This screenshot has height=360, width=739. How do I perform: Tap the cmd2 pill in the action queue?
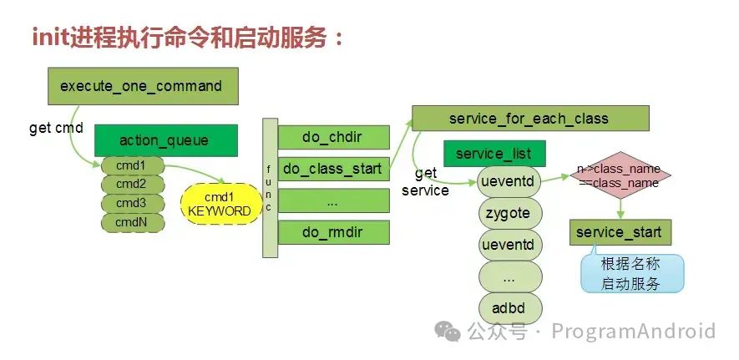[x=131, y=184]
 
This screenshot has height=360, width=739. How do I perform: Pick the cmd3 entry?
[x=131, y=203]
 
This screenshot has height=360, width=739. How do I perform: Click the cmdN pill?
[x=131, y=223]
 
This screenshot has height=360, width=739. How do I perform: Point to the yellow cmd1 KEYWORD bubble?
[x=220, y=204]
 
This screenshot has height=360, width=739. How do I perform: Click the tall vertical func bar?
[x=269, y=188]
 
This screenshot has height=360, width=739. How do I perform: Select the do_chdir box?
[x=333, y=137]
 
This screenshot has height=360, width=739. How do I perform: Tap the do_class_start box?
[x=333, y=169]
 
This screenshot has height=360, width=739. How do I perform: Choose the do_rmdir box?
[x=333, y=231]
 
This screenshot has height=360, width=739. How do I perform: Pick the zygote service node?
[x=509, y=213]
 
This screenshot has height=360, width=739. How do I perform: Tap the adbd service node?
[x=509, y=308]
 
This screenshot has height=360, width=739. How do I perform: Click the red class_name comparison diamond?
[x=619, y=175]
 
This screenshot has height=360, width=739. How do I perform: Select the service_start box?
[x=620, y=232]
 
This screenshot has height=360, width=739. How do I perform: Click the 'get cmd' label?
[x=56, y=128]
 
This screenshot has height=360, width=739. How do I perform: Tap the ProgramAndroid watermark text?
[x=634, y=332]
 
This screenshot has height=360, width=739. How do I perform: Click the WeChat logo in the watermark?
[x=451, y=332]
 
